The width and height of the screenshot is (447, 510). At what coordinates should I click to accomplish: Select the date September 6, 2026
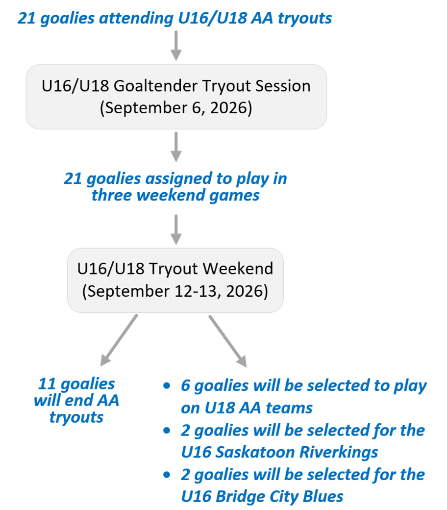point(176,108)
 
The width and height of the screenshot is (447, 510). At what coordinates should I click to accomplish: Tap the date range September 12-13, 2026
point(175,291)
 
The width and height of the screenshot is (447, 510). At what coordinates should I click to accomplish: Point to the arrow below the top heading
point(176,46)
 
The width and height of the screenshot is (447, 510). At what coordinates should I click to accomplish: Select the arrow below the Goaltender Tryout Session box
point(176,147)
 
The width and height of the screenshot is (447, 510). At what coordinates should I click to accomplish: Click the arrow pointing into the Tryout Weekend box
point(176,229)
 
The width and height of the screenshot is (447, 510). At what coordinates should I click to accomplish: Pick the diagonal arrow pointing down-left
point(119,340)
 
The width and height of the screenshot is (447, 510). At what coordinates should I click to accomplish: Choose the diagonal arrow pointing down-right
point(227,341)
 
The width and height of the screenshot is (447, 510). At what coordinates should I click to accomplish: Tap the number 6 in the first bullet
point(185,386)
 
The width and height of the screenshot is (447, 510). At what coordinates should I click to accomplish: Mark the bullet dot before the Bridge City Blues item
point(167,475)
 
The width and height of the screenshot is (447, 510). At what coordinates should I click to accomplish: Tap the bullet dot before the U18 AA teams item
point(167,386)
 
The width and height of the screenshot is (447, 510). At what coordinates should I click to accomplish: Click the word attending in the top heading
point(136,19)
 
